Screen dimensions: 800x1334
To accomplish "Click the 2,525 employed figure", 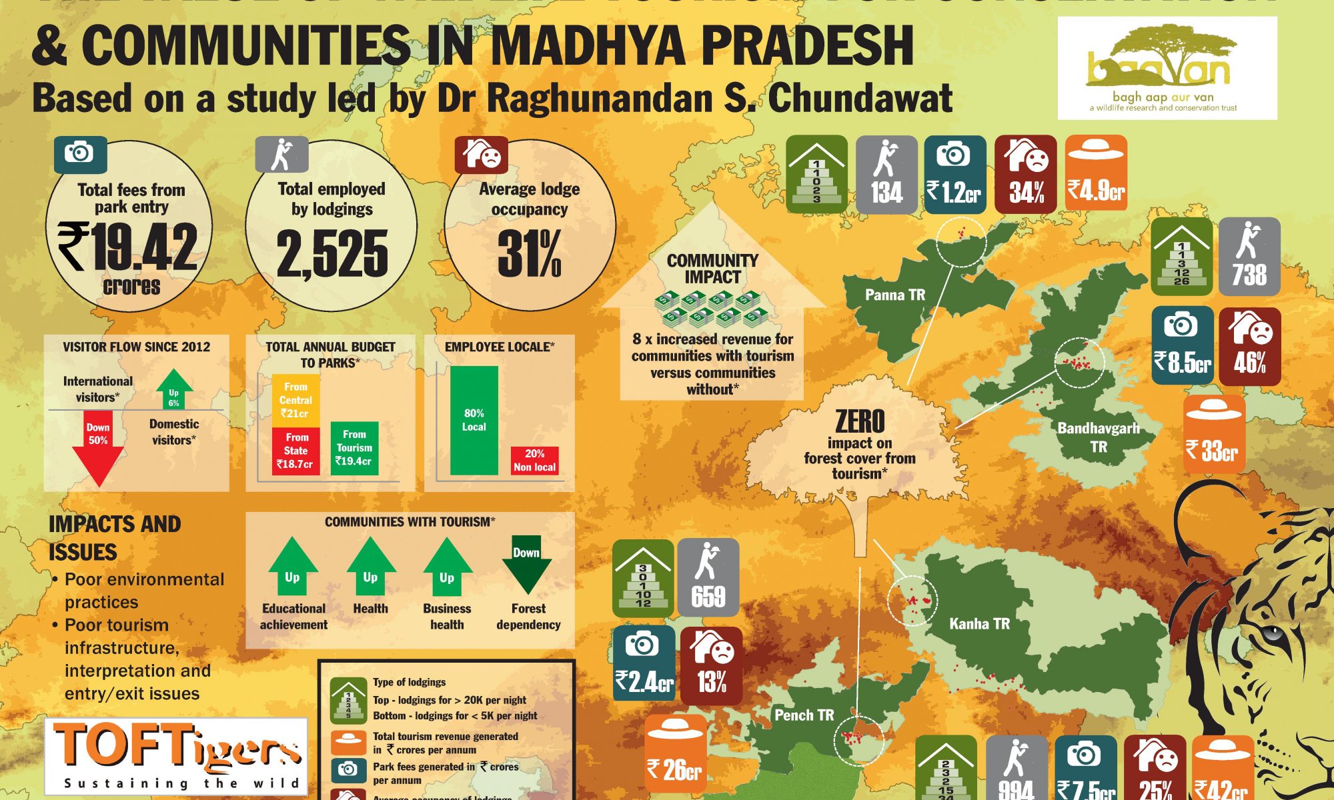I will click(x=331, y=253).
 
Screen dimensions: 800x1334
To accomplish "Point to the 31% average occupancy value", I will click(x=530, y=253).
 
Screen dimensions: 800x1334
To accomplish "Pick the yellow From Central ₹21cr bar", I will click(x=295, y=400).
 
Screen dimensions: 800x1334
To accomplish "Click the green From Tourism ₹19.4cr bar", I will click(x=354, y=448).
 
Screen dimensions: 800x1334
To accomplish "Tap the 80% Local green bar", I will click(x=474, y=420).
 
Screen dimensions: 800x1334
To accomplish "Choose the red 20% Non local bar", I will click(x=534, y=460).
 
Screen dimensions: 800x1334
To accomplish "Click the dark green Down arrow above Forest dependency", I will click(x=526, y=564).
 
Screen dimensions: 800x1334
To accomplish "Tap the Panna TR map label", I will click(x=894, y=295).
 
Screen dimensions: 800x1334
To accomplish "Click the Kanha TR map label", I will click(x=979, y=624).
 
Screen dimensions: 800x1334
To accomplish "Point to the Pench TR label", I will click(x=804, y=715).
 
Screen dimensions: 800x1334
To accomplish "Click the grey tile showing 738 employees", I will click(x=1249, y=257).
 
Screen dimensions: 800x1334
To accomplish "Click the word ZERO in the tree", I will click(x=860, y=421).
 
